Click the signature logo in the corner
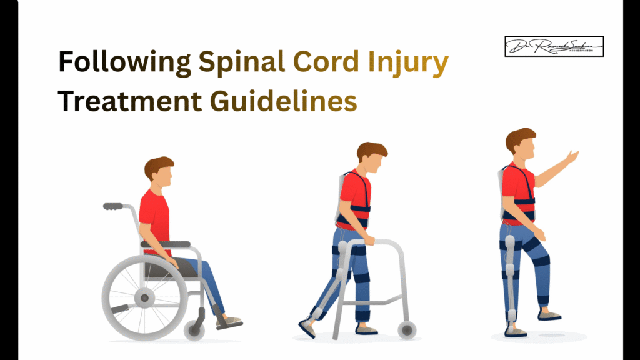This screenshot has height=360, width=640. [x=554, y=46]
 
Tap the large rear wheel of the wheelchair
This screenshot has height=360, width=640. [x=144, y=297]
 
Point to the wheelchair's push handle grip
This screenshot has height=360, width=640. [x=113, y=206]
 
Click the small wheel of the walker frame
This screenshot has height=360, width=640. [x=407, y=329]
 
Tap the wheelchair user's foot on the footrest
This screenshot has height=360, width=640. [x=229, y=322]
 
